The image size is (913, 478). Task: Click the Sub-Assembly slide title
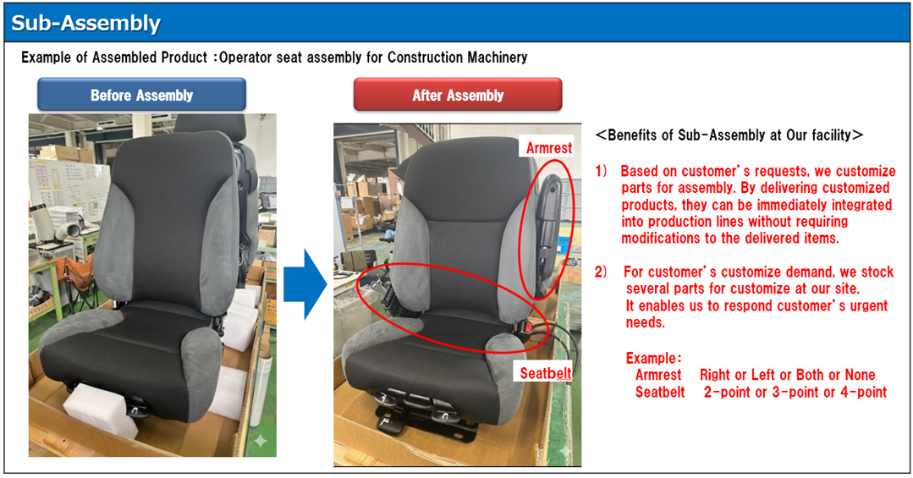(85, 24)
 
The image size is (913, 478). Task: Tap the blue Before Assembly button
(141, 94)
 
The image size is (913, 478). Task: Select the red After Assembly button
(458, 94)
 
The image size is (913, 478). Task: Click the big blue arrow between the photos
(305, 284)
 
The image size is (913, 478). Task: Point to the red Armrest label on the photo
(548, 148)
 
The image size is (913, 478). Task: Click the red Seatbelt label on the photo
(545, 372)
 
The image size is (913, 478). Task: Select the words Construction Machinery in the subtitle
(457, 57)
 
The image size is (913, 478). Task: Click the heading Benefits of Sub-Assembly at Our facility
(729, 135)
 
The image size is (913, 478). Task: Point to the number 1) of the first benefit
(601, 171)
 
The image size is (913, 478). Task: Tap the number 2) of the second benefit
(601, 272)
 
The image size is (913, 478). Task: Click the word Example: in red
(653, 358)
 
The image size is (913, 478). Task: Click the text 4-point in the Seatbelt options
(864, 392)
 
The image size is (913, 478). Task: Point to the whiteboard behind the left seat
(69, 185)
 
